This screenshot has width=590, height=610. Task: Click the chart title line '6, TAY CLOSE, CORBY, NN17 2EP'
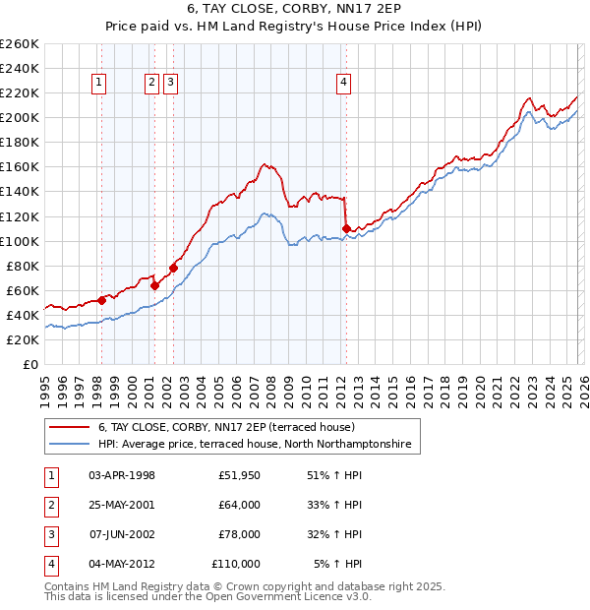[295, 11]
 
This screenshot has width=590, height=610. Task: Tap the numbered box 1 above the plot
[101, 84]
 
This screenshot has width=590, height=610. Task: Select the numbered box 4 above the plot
[344, 84]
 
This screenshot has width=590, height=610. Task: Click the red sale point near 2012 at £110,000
[346, 228]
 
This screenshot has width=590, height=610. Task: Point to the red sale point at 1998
[101, 300]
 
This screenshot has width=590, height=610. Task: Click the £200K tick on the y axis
[20, 118]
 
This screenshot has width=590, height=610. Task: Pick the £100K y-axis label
[20, 241]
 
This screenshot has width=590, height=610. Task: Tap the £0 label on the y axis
[29, 365]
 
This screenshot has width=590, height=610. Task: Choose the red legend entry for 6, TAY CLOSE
[232, 428]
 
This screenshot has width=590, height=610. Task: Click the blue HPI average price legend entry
[258, 445]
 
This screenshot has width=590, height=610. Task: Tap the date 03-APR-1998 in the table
[122, 475]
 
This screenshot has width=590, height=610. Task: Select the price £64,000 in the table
[239, 505]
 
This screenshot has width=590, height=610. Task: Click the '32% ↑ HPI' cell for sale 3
[337, 534]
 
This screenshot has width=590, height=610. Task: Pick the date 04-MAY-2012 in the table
[122, 564]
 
